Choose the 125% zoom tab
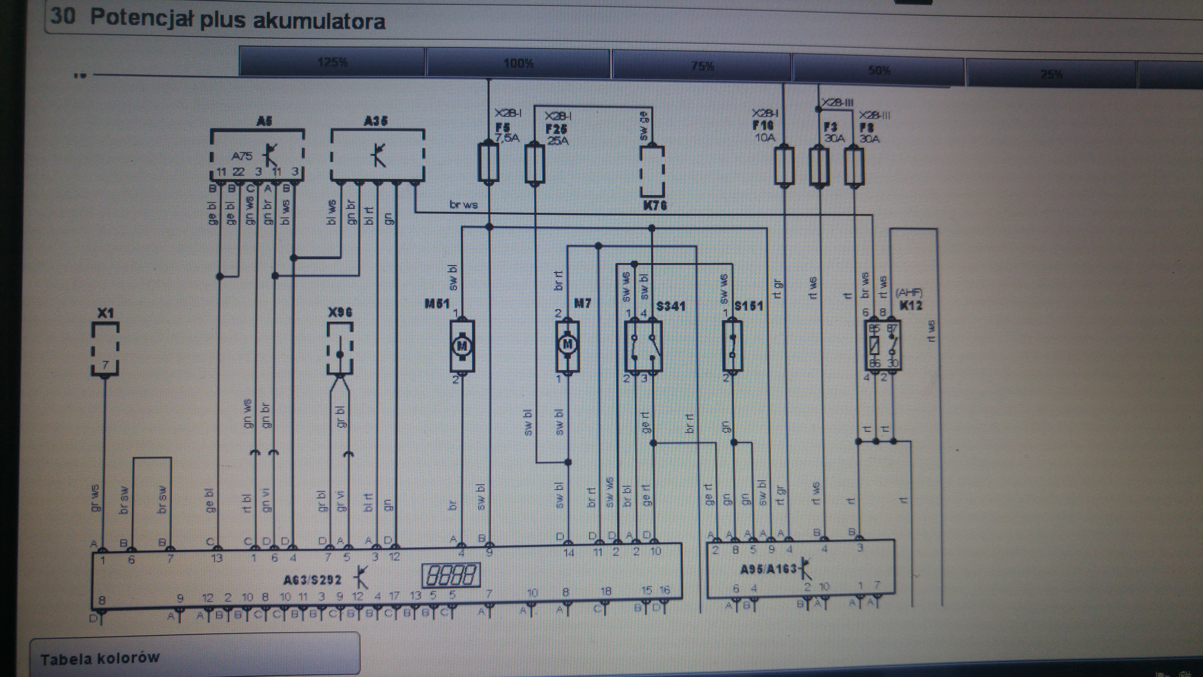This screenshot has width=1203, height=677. tap(332, 62)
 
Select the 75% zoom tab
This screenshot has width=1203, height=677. tap(702, 66)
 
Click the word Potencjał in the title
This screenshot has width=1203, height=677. tap(142, 19)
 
